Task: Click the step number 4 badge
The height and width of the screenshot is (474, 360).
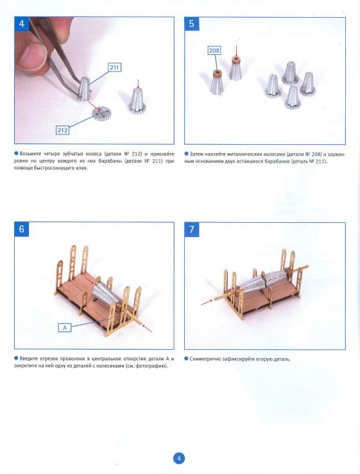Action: (22, 24)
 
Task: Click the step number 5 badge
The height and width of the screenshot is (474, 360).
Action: (192, 24)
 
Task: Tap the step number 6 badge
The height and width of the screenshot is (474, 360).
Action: (22, 229)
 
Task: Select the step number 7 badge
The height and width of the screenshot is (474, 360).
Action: (192, 229)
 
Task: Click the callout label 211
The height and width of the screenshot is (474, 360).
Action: (114, 67)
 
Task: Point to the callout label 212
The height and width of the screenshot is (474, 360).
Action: (62, 130)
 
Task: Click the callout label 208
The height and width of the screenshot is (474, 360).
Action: (214, 51)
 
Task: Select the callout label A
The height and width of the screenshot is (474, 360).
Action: (65, 328)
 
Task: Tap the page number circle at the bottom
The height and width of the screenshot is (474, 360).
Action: (179, 458)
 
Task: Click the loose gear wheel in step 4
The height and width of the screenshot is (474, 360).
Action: (100, 113)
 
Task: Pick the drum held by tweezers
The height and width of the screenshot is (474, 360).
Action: (84, 89)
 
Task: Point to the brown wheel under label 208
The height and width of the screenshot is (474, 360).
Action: (217, 74)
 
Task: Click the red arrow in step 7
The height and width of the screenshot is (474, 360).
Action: (207, 302)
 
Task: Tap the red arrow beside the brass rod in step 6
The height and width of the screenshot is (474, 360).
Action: (147, 328)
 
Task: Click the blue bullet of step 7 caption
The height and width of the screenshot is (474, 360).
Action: (186, 359)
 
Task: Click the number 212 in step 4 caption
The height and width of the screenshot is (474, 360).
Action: (136, 154)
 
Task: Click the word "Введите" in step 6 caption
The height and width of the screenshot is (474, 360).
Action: (29, 359)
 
